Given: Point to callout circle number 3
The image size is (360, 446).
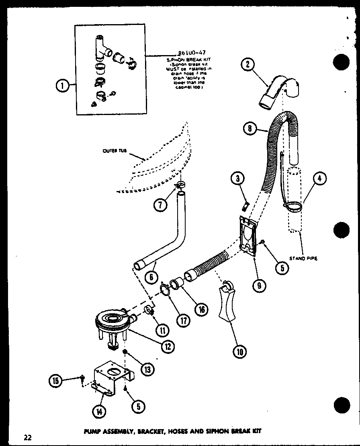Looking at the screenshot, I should (x=238, y=178).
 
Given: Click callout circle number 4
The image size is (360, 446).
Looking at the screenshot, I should (x=319, y=179).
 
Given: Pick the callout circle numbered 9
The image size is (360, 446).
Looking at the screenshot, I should (x=260, y=285).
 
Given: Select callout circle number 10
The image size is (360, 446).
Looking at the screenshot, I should (x=240, y=352).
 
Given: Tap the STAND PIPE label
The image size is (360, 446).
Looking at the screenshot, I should (x=303, y=258).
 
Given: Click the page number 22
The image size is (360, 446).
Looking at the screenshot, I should (x=27, y=437).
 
